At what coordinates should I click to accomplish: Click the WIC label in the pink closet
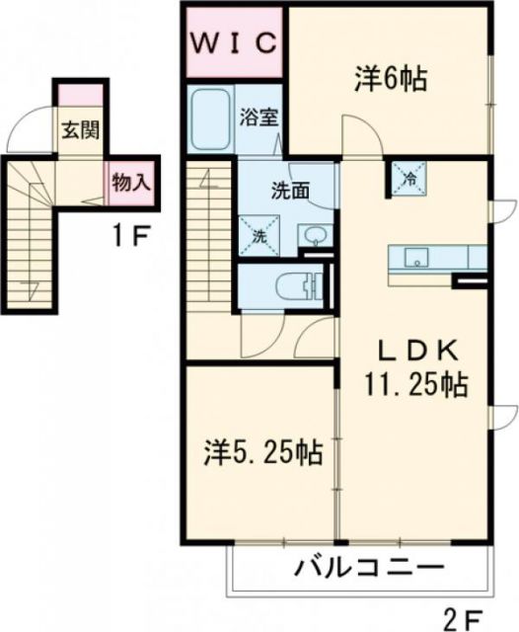[x=233, y=43]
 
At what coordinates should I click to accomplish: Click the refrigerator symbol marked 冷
[x=408, y=178]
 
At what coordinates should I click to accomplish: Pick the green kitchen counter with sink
[x=434, y=258]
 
